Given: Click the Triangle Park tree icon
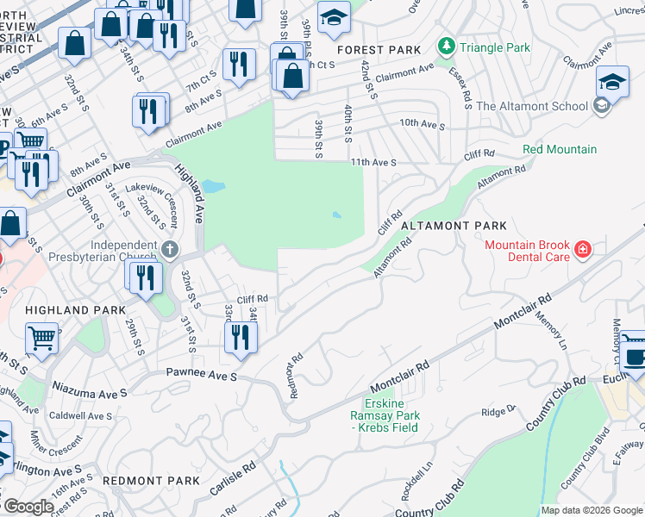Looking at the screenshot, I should tap(446, 47).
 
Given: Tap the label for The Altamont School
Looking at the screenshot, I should tap(532, 107).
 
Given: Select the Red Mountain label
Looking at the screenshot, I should tap(559, 150).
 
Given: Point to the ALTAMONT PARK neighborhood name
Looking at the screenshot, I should tap(453, 226).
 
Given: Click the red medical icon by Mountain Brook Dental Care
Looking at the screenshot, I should tap(584, 251).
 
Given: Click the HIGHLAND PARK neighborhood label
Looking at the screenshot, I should tap(69, 309).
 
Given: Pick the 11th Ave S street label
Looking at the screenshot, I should tap(373, 162).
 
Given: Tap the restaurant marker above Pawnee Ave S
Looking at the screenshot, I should tap(241, 336).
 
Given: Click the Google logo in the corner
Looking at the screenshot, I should tap(28, 508).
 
